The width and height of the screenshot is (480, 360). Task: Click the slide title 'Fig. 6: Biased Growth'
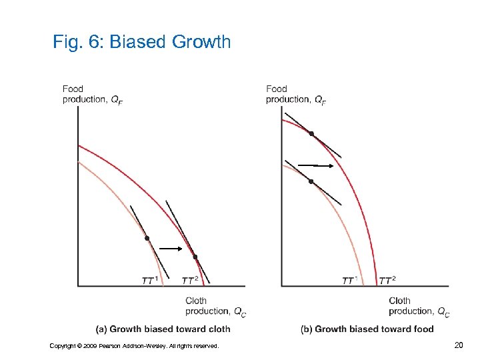[x=141, y=43]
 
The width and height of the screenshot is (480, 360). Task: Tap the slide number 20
[x=458, y=345]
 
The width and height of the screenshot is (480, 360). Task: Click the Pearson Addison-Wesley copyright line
[x=134, y=345]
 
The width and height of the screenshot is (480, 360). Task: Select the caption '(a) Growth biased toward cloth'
[x=163, y=329]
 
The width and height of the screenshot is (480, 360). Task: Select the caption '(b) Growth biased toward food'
[x=367, y=329]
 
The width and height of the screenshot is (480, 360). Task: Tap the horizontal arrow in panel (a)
[x=171, y=248]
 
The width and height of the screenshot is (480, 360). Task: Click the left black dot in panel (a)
[x=147, y=238]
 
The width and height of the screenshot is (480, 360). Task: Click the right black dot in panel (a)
[x=195, y=257]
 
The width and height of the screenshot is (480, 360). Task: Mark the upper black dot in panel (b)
[x=311, y=134]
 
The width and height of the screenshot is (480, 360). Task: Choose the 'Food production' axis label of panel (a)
[x=92, y=95]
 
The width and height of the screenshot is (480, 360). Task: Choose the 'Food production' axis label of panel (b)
[x=296, y=95]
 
